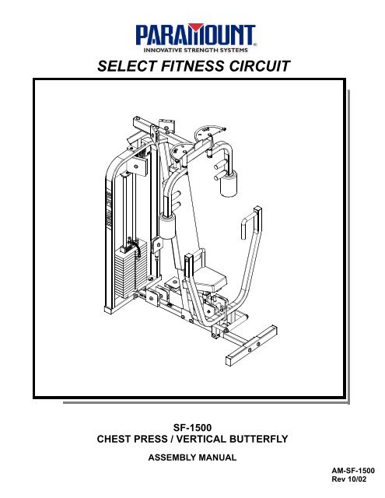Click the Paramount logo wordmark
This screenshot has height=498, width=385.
(x=195, y=34)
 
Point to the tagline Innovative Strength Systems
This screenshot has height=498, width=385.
(x=195, y=50)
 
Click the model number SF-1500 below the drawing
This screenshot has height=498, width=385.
(x=192, y=427)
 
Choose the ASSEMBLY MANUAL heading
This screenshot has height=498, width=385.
(x=192, y=458)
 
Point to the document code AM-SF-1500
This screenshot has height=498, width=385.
(x=353, y=471)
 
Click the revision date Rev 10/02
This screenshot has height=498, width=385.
(x=348, y=479)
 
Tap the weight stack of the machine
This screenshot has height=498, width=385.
(x=130, y=268)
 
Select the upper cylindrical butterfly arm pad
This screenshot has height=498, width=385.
(x=229, y=184)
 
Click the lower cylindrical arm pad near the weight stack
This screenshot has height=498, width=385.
(x=167, y=226)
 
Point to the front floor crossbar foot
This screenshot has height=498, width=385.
(x=251, y=345)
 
